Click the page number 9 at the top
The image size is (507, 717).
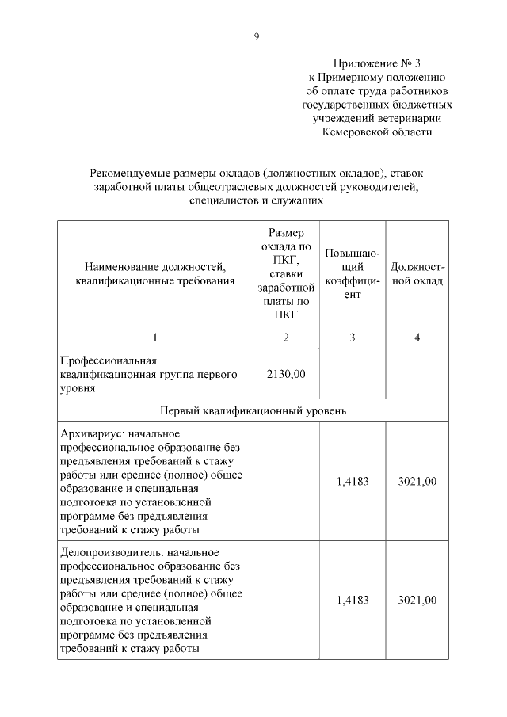pyautogui.click(x=256, y=36)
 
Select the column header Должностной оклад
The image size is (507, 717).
pyautogui.click(x=417, y=273)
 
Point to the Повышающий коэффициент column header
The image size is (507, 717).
pyautogui.click(x=353, y=273)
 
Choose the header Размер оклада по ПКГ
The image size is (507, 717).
pyautogui.click(x=287, y=273)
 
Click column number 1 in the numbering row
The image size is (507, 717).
pyautogui.click(x=155, y=338)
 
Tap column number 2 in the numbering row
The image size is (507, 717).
pyautogui.click(x=287, y=338)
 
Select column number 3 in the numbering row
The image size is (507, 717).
pyautogui.click(x=353, y=338)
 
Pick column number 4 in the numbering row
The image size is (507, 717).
pyautogui.click(x=417, y=338)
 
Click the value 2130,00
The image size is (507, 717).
pyautogui.click(x=287, y=375)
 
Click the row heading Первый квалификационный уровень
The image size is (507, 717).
pyautogui.click(x=253, y=410)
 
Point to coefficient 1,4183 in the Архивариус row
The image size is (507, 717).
pyautogui.click(x=353, y=481)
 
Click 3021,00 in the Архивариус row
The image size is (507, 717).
pyautogui.click(x=417, y=481)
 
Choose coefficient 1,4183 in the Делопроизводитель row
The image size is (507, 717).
pyautogui.click(x=353, y=600)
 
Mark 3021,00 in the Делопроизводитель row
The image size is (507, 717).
pyautogui.click(x=417, y=600)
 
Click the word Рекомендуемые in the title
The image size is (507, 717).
pyautogui.click(x=130, y=174)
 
